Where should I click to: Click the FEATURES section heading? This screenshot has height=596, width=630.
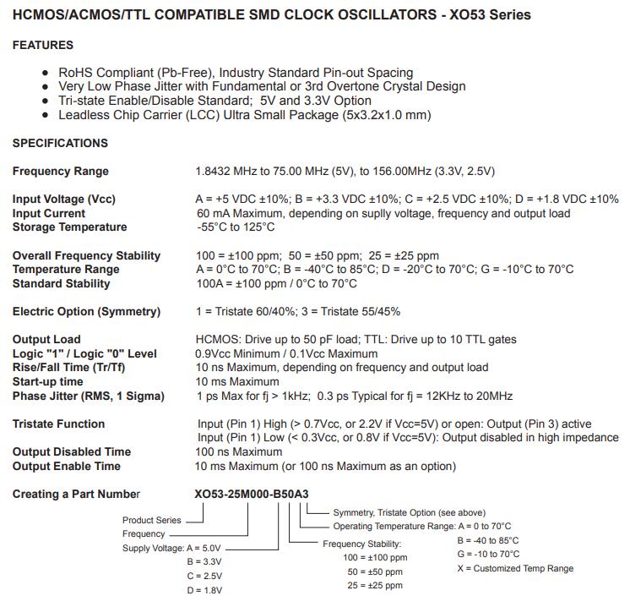42,45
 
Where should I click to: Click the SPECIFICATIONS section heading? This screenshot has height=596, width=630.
60,143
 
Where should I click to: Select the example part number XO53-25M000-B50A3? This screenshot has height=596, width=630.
258,494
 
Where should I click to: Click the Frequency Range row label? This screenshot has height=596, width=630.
60,171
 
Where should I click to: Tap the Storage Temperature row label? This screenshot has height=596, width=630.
69,227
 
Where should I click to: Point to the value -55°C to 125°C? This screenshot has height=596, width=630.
236,227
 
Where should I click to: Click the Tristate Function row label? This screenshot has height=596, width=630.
58,424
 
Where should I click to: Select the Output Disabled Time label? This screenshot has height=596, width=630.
71,451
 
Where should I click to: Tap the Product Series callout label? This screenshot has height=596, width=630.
151,520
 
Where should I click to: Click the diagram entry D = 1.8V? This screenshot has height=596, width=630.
204,589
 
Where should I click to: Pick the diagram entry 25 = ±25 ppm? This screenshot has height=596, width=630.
375,585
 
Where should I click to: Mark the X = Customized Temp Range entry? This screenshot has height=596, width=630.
515,568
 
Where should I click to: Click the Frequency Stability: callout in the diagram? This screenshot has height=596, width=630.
362,544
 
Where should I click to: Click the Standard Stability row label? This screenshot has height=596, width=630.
61,283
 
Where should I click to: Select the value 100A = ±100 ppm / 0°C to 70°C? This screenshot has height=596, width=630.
276,283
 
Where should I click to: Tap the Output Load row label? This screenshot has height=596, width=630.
46,339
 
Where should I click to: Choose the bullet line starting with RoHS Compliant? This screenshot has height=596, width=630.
236,73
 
